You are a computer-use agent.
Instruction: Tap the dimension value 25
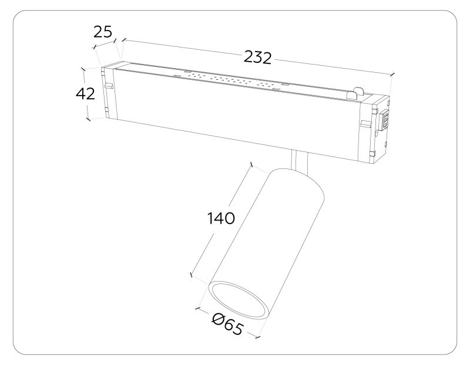(x=103, y=32)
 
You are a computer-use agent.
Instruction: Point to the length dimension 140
(x=221, y=218)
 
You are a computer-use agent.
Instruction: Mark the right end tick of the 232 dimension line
(x=392, y=74)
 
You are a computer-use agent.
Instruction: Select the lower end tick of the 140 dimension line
(x=191, y=274)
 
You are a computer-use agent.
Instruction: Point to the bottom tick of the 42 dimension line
(x=89, y=119)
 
